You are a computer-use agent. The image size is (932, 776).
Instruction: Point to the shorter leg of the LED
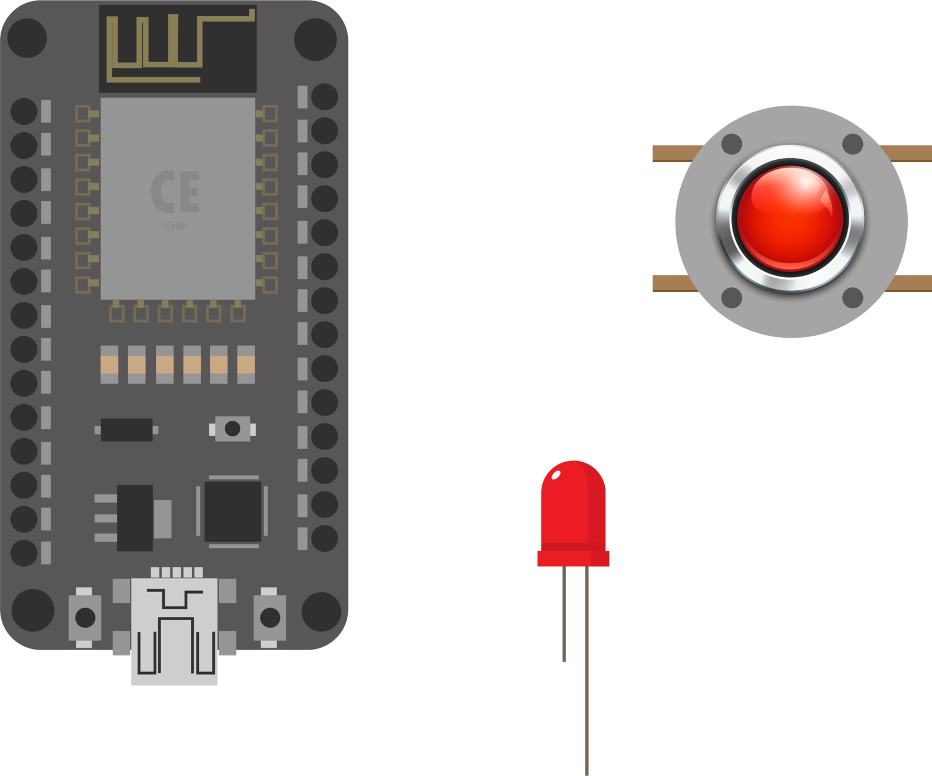564,615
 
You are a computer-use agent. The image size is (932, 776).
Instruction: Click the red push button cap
790,218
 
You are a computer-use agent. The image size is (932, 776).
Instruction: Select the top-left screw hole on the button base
731,144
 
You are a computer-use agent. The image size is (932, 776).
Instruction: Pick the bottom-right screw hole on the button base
852,297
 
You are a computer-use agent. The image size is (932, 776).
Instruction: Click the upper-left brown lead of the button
673,153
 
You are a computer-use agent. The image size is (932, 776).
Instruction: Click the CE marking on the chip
175,191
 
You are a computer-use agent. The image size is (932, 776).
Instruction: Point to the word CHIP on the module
176,226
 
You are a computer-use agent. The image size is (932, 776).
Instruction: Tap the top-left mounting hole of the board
26,38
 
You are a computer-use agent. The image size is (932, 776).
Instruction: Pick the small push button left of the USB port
85,617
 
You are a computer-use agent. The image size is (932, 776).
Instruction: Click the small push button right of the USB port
270,617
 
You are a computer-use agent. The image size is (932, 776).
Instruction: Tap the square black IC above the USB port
233,511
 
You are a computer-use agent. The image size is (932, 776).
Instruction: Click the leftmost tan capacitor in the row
109,364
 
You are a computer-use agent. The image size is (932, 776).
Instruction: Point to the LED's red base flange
573,558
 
